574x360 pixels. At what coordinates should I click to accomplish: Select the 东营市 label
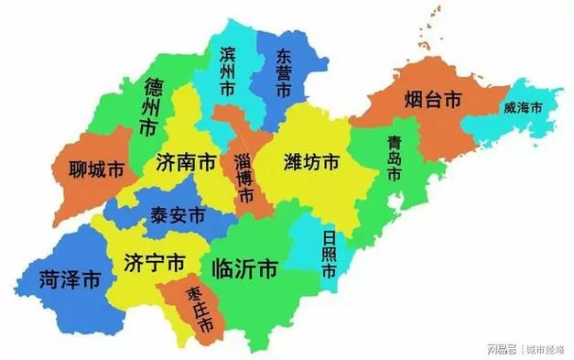284,74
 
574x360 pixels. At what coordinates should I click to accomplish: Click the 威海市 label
523,108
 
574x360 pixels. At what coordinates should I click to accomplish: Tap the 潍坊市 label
311,163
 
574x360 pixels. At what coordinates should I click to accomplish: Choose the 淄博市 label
244,174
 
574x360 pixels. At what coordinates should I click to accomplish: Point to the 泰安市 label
179,217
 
